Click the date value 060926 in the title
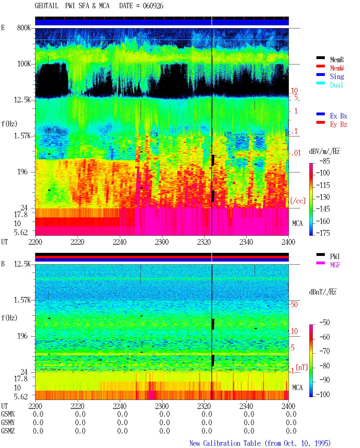[153, 6]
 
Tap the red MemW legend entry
[337, 68]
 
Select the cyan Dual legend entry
[336, 85]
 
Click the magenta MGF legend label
[335, 265]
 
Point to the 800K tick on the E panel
[24, 28]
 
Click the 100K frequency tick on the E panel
[24, 64]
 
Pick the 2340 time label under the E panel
[246, 242]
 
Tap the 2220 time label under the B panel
[77, 406]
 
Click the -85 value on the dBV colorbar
[325, 161]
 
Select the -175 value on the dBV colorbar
[323, 233]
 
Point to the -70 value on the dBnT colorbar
[325, 351]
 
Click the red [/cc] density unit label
[298, 201]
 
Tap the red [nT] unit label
[302, 367]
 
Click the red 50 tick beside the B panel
[294, 305]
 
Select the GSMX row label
[8, 414]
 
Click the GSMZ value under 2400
[291, 431]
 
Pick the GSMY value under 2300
[165, 423]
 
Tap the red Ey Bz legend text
[339, 124]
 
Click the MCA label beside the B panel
[297, 388]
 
